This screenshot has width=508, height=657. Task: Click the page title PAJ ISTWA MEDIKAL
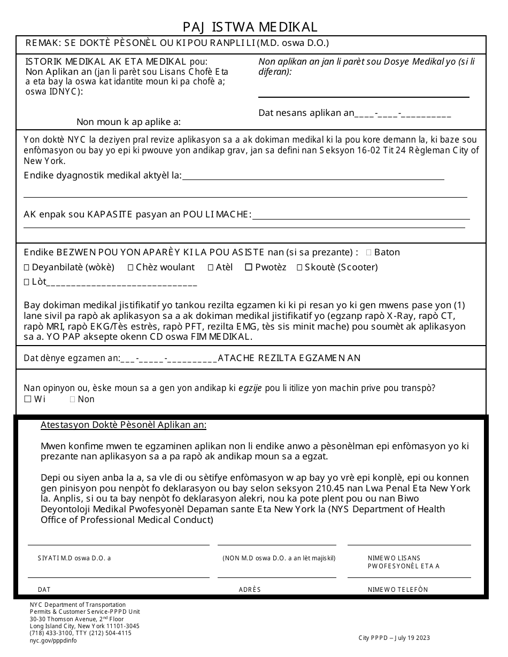(250, 27)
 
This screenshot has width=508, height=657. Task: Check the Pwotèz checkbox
(249, 268)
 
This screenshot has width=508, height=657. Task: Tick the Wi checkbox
(27, 399)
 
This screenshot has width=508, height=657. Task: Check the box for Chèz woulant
(131, 268)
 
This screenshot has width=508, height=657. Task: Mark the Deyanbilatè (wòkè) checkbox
(27, 268)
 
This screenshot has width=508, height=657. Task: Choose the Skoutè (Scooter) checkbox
(299, 268)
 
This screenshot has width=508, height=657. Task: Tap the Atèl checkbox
(211, 268)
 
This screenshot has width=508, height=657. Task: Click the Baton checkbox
(369, 253)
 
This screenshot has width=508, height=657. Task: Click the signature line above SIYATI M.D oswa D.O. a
(118, 544)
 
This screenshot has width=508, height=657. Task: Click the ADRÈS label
(250, 590)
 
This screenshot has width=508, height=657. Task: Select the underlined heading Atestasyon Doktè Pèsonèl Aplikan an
(124, 425)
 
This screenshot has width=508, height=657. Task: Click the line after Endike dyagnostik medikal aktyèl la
(313, 178)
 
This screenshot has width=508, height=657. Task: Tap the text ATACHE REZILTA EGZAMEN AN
(289, 358)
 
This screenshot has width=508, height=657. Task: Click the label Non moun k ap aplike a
(128, 122)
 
